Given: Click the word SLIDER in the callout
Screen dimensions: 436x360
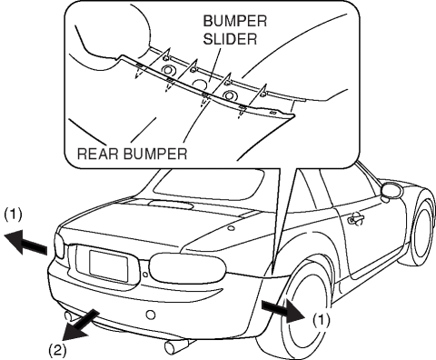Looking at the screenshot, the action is (230, 39).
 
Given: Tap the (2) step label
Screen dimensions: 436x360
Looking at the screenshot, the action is (57, 350).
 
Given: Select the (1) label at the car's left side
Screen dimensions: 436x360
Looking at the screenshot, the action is (13, 215).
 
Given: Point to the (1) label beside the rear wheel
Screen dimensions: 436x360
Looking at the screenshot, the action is (322, 319).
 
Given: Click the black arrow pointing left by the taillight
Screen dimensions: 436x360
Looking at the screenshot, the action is (25, 242).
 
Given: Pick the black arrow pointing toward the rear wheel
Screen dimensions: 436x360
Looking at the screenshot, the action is (283, 311).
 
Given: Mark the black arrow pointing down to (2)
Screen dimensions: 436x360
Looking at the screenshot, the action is (80, 325).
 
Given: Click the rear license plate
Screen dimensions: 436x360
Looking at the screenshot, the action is (108, 265).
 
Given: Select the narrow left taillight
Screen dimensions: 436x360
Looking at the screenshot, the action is (60, 245).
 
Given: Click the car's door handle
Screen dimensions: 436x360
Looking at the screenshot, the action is (356, 219).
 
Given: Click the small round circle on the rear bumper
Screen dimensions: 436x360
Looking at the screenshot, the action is (151, 315).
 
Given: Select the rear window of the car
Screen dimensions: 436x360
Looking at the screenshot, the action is (209, 185).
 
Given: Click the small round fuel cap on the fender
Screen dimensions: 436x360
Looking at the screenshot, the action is (231, 228).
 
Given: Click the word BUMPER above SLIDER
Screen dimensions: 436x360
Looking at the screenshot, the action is (235, 21).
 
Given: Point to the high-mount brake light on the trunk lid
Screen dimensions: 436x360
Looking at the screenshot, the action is (171, 205).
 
